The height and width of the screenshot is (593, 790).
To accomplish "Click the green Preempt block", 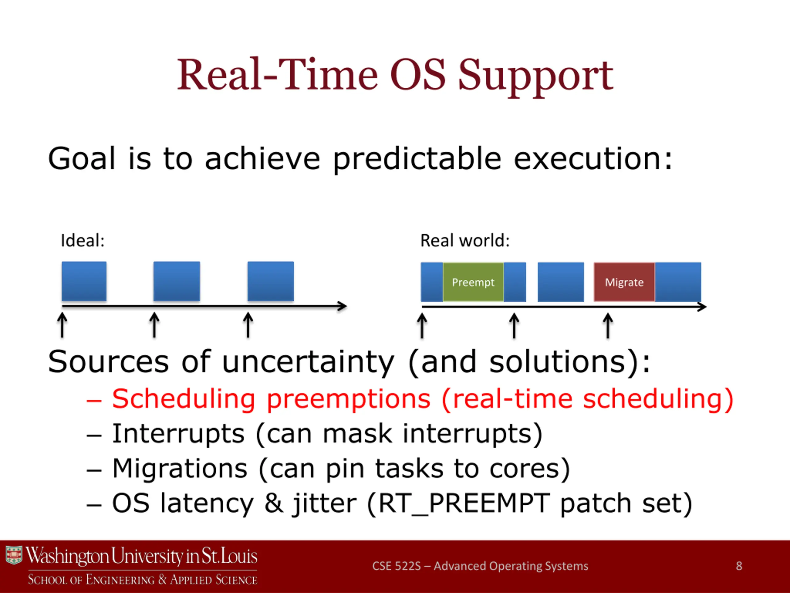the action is point(473,282).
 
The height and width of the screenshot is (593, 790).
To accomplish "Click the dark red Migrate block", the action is point(624,282).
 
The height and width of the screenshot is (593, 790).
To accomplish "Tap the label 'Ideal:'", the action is point(82,240).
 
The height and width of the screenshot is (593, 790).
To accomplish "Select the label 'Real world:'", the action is point(465,240).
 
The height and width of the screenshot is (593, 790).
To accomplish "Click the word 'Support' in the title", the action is point(535,76).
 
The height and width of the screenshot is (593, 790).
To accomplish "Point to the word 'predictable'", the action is point(417,159).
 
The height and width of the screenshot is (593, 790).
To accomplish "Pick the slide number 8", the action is point(739,566).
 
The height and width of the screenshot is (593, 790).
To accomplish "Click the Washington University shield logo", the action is point(14,555).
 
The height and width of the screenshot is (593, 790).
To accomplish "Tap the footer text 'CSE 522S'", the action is point(397,566).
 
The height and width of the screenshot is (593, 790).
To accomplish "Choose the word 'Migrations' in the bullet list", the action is point(180,468).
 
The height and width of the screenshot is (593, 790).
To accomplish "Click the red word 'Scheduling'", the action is point(184,399).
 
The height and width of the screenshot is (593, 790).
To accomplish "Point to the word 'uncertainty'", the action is point(308,362).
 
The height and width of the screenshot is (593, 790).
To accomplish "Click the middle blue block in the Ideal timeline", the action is point(177,281).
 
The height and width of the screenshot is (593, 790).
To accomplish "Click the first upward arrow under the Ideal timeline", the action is point(62,325).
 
